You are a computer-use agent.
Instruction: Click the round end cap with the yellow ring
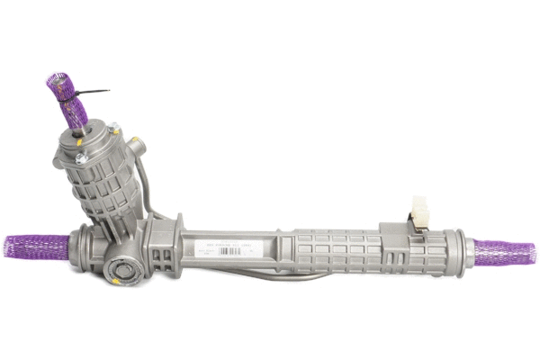(x=120, y=270)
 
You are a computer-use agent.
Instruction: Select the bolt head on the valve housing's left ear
(x=80, y=159)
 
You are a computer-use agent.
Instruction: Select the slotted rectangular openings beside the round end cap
(x=159, y=262)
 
